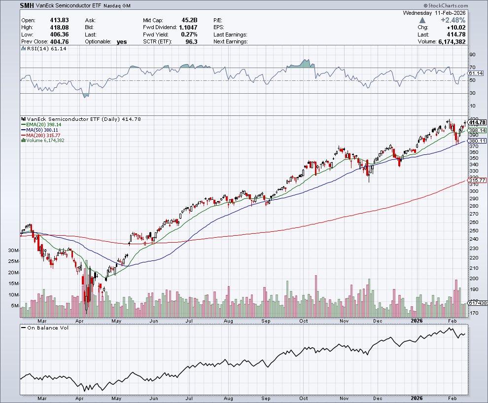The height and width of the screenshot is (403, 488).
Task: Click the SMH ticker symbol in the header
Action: pos(28,5)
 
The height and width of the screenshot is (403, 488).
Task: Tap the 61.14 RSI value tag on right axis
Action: pos(476,73)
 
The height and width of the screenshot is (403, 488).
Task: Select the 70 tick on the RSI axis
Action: pos(472,68)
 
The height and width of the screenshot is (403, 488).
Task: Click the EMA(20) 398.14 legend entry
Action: pos(47,125)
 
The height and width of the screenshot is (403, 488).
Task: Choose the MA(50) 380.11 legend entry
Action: pos(46,130)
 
